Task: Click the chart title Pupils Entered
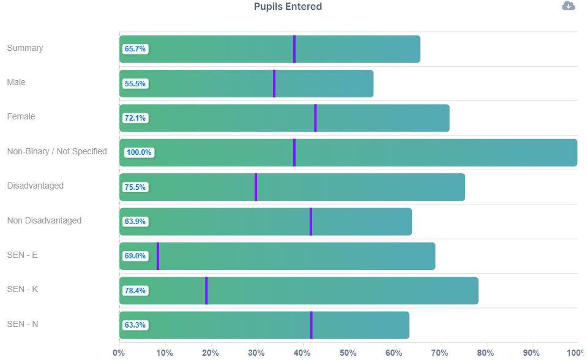coord(288,7)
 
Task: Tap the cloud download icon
coord(569,6)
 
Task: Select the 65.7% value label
coord(135,49)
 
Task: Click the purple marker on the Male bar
coord(274,83)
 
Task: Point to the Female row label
coord(21,116)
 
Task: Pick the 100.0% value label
coord(138,152)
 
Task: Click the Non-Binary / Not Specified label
coord(57,151)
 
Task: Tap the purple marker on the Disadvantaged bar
coord(256,187)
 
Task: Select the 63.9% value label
coord(135,222)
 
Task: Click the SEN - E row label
coord(22,255)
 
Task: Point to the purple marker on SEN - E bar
coord(158,256)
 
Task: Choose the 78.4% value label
coord(135,291)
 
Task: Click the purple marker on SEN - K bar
coord(206,290)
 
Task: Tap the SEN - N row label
coord(23,324)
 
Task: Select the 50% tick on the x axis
coord(348,353)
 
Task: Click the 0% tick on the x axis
coord(119,353)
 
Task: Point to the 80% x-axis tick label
coord(485,353)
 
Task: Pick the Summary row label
coord(25,48)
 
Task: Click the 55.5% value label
coord(135,84)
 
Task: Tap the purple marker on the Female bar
coord(315,118)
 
